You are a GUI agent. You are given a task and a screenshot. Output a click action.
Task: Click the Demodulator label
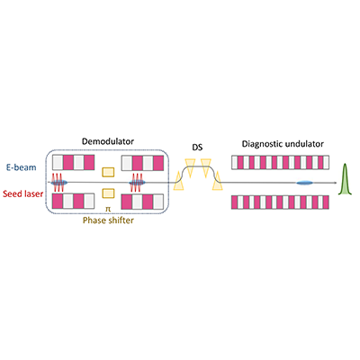[108, 141]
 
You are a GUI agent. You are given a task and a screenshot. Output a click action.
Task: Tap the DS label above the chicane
[197, 148]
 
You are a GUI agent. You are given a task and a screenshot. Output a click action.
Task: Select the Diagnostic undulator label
[283, 144]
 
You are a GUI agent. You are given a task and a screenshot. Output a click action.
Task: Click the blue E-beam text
[22, 167]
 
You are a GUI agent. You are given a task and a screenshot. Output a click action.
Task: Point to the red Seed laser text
[22, 193]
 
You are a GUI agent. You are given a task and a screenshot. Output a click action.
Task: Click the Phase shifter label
[108, 220]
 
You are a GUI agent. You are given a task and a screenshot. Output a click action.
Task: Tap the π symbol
[108, 209]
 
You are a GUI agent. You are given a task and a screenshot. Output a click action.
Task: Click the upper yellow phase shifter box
[108, 172]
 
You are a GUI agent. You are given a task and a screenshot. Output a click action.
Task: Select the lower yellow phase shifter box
[108, 193]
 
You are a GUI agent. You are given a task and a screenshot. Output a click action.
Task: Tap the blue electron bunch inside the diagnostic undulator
[304, 183]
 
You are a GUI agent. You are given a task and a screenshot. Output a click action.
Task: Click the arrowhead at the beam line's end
[335, 183]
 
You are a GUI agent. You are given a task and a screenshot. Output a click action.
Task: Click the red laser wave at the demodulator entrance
[57, 182]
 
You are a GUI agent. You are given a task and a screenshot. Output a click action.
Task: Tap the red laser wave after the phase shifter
[136, 182]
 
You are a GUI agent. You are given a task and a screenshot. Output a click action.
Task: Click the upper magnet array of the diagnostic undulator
[280, 162]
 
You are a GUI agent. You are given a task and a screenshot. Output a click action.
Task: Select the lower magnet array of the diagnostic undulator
[280, 202]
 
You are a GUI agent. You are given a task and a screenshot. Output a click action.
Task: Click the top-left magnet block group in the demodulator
[73, 162]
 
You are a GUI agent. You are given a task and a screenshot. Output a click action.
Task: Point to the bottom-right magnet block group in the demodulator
[142, 202]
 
